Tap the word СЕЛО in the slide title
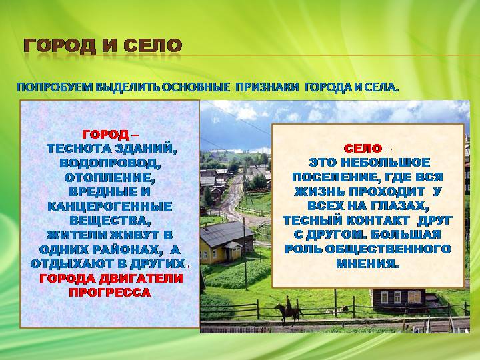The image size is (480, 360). coord(153,46)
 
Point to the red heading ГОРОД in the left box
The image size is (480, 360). coord(105,134)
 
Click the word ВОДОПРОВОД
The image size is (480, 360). coord(110,163)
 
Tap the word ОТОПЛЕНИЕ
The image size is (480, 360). coord(109,177)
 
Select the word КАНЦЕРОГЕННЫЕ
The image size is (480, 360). coord(110,206)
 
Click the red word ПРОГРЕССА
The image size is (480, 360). coord(110,293)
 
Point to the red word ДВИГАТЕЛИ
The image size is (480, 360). coord(141,278)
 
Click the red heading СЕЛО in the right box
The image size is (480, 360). coord(363,149)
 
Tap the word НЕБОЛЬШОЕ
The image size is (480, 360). coord(385,163)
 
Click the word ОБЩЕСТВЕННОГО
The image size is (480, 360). coord(388,249)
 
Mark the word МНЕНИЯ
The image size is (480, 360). coord(367,263)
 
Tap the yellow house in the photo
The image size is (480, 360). coord(227,243)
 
